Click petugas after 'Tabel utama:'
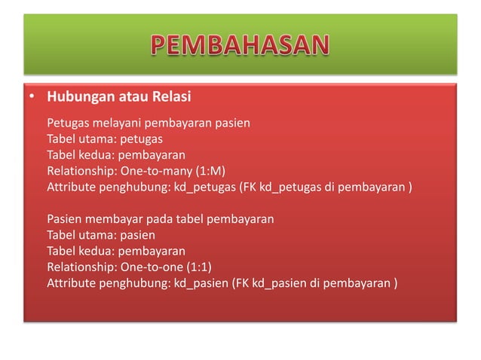pos(141,139)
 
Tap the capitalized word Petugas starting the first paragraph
pos(67,123)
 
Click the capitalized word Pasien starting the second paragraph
pos(64,219)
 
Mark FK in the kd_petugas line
pos(247,187)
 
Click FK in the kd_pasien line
pos(244,283)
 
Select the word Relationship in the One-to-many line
pos(78,171)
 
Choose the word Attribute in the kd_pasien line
pos(71,283)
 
